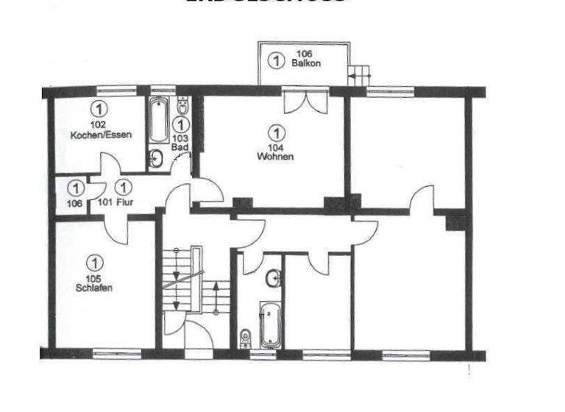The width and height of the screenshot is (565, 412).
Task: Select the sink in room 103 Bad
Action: tap(157, 157)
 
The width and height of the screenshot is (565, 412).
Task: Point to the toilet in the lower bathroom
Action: tap(245, 337)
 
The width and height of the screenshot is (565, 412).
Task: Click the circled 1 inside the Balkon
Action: tap(275, 60)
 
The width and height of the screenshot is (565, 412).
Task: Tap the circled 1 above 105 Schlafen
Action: tap(94, 262)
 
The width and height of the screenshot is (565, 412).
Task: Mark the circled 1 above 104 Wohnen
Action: tap(276, 133)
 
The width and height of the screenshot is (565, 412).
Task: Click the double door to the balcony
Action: tap(305, 100)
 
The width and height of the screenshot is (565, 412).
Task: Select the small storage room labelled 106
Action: tap(72, 196)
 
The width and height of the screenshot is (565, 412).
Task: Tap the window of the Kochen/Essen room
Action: tap(117, 92)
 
